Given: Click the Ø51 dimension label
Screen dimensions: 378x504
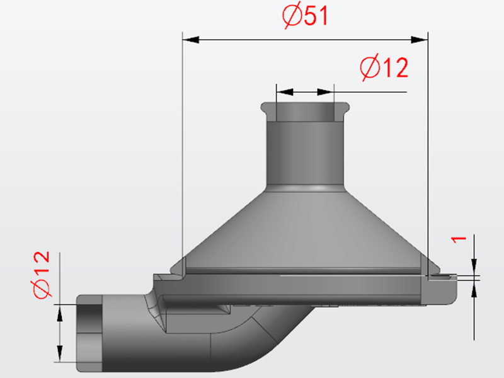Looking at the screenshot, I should pyautogui.click(x=306, y=16).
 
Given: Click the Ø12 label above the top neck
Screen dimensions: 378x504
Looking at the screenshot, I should pyautogui.click(x=384, y=67).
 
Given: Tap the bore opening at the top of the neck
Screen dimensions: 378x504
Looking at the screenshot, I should pyautogui.click(x=305, y=112).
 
